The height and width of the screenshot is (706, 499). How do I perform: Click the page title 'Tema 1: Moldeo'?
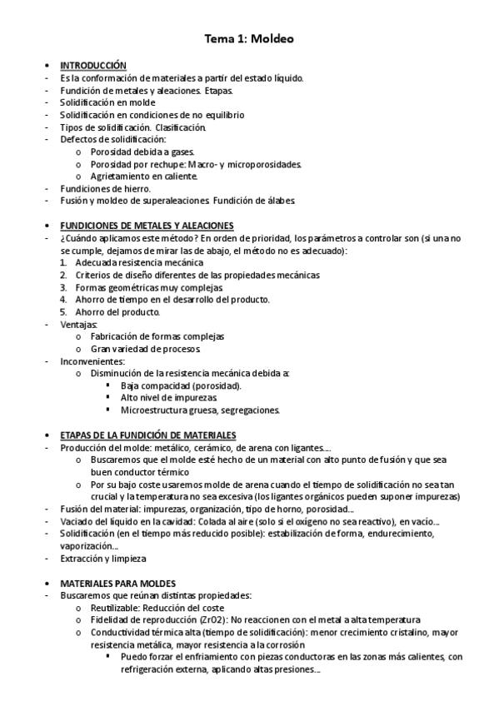coord(249,38)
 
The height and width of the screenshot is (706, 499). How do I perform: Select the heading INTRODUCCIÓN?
coord(92,65)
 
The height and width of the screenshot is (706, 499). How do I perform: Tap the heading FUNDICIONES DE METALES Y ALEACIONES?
coord(147,226)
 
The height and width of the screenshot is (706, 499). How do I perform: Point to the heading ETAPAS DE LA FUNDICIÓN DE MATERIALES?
coord(148,435)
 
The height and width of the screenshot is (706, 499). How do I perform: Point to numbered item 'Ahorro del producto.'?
coord(117,311)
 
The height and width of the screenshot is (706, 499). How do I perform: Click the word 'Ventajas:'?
coord(78,324)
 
